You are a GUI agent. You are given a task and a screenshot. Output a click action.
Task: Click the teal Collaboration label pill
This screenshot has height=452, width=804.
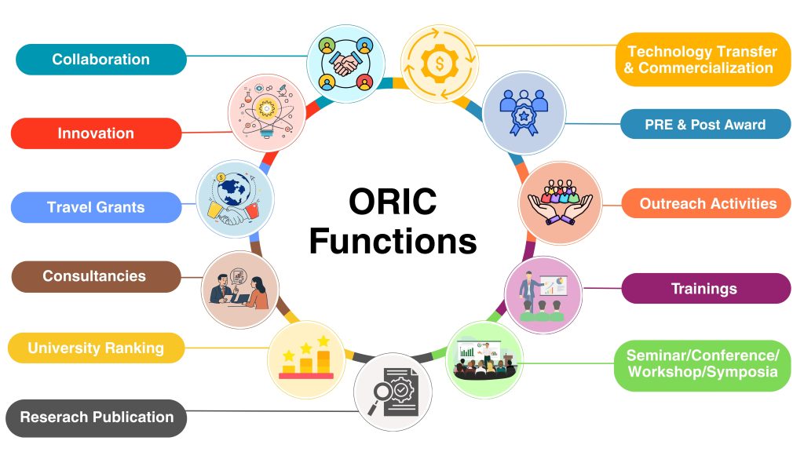pyautogui.click(x=101, y=60)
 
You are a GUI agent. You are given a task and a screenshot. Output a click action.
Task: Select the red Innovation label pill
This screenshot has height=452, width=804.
pyautogui.click(x=96, y=133)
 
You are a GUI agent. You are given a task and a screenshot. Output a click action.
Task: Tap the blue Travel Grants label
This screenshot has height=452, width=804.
pyautogui.click(x=96, y=207)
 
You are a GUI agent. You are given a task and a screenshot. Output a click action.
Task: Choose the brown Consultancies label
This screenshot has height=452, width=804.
pyautogui.click(x=96, y=276)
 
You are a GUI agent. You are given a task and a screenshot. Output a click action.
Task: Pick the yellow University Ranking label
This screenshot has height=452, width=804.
pyautogui.click(x=96, y=348)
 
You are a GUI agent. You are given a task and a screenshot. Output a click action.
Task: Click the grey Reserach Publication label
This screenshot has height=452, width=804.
pyautogui.click(x=97, y=417)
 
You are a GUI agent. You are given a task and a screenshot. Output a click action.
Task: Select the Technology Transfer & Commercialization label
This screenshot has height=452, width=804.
pyautogui.click(x=703, y=60)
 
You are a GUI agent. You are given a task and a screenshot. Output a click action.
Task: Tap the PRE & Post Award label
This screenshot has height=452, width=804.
pyautogui.click(x=706, y=124)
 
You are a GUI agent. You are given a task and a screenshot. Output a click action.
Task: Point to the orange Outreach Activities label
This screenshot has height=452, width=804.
pyautogui.click(x=707, y=203)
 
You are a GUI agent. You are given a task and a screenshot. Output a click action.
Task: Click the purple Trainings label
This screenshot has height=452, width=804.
pyautogui.click(x=706, y=289)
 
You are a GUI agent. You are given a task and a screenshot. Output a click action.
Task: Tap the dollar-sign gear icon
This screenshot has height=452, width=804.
pyautogui.click(x=440, y=64)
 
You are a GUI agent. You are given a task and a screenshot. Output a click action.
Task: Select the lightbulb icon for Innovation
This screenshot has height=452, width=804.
pyautogui.click(x=267, y=113)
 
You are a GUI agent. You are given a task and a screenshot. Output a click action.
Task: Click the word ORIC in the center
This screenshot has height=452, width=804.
pyautogui.click(x=393, y=201)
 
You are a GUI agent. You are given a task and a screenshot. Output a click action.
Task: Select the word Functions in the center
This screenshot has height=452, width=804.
pyautogui.click(x=393, y=241)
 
